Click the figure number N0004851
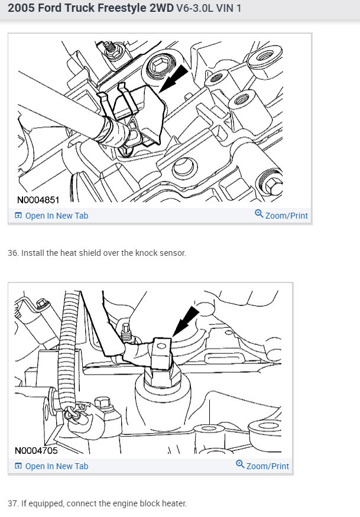point(38,200)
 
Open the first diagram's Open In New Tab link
point(56,216)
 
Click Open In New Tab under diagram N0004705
point(56,466)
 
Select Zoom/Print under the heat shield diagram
point(286,216)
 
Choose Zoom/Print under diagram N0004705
point(267,466)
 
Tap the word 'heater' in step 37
point(173,503)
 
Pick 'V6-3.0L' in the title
point(195,9)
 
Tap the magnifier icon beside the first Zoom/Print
point(259,214)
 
